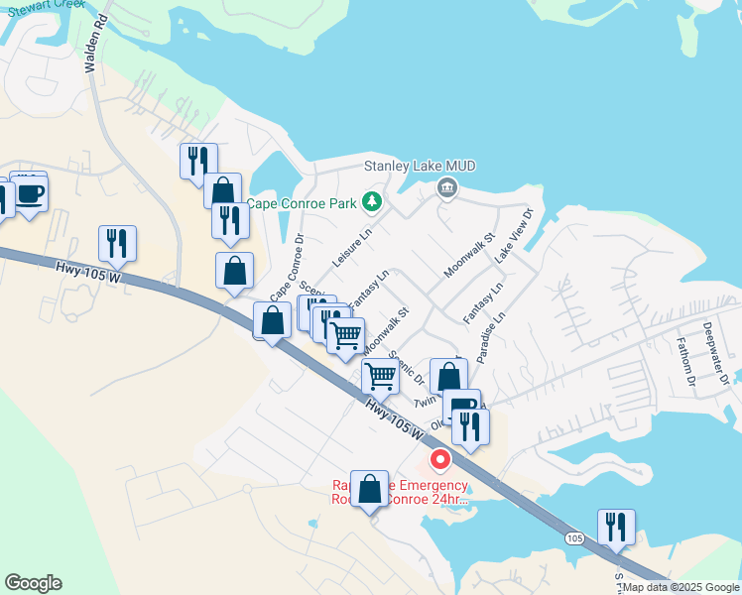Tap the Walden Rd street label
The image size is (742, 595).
coord(96,50)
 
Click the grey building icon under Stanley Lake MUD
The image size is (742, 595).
coord(447,187)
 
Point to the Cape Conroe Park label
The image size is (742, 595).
coord(301,203)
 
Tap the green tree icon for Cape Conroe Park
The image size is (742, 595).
coord(372,202)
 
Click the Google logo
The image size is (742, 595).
coord(33,583)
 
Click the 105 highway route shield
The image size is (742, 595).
coord(574,537)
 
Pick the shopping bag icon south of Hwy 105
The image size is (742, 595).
coord(370,489)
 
